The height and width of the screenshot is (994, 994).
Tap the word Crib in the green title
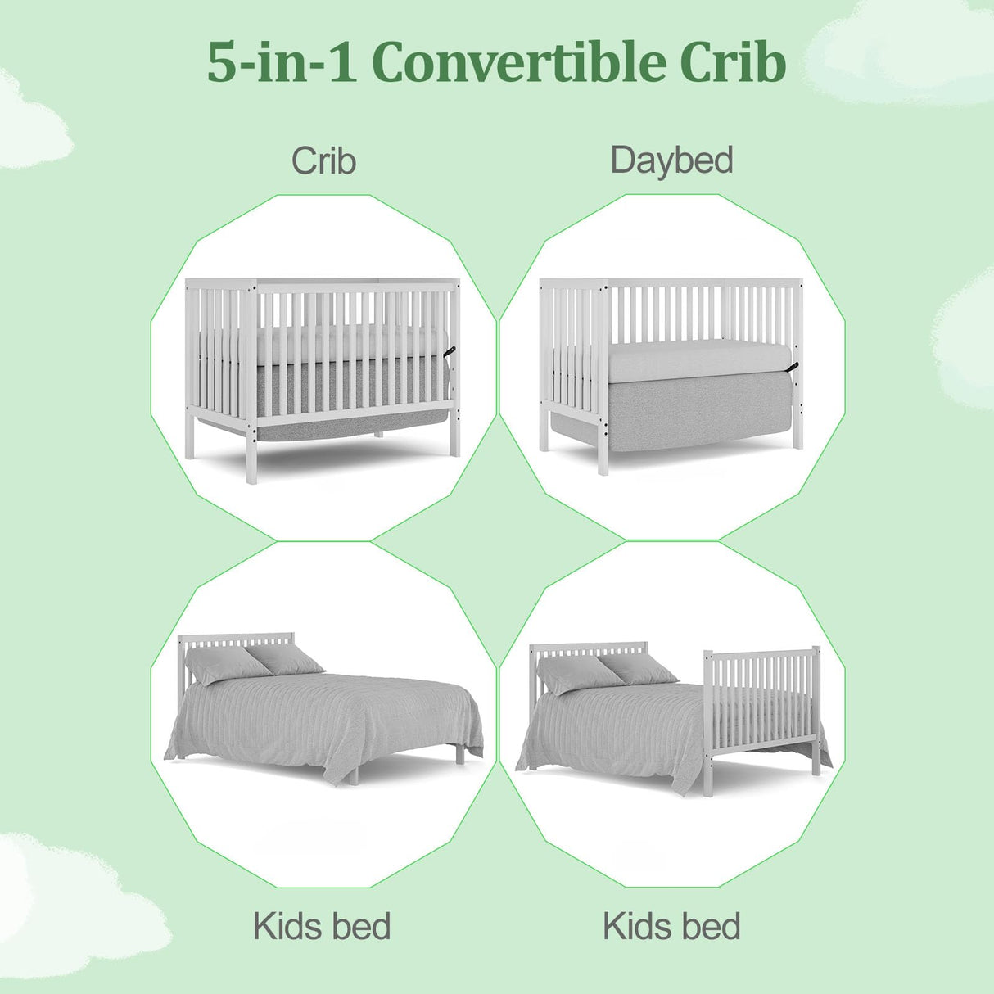(732, 62)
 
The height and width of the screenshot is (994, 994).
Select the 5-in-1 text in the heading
(281, 62)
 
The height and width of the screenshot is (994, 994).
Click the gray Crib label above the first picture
(323, 160)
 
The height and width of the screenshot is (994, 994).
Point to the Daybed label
(671, 160)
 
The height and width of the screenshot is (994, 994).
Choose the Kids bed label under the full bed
(322, 927)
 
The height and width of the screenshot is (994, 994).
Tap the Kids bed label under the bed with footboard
(671, 927)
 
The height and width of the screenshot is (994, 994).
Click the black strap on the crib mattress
(450, 351)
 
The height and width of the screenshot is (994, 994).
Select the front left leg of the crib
(251, 455)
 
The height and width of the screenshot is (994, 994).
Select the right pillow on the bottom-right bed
(639, 666)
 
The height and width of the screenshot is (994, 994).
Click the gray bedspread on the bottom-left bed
(328, 721)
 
